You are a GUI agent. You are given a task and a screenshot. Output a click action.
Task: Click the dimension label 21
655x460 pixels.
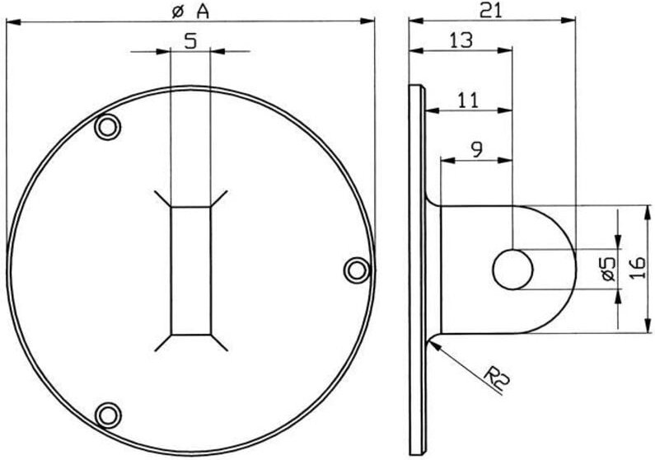[491, 9]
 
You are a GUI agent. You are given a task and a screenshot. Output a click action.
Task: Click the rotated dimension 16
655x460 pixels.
[637, 269]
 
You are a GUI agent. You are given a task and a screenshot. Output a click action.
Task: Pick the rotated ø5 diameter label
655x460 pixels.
[606, 270]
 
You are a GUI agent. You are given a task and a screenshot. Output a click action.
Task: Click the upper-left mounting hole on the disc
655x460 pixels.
[106, 128]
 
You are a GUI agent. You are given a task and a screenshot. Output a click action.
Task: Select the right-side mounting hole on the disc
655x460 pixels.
[355, 269]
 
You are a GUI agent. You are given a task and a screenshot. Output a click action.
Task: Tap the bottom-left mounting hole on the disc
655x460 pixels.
[106, 414]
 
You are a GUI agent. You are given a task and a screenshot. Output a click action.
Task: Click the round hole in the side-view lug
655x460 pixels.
[512, 270]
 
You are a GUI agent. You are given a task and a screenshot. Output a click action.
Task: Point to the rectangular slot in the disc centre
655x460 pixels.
[190, 270]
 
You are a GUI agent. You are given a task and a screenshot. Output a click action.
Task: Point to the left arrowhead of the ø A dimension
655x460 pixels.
[11, 22]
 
